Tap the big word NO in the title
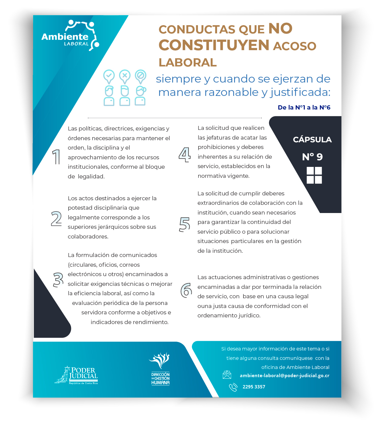[x=280, y=29]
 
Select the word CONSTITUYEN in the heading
[x=214, y=45]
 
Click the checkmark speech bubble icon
[x=109, y=76]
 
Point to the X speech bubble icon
[x=125, y=76]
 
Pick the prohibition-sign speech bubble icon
[x=141, y=76]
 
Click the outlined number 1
[x=56, y=157]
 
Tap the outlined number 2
[x=56, y=219]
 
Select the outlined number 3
[x=58, y=279]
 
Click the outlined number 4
[x=185, y=154]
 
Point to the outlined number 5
[x=185, y=225]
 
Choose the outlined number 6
[x=186, y=290]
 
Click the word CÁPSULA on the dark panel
[x=312, y=140]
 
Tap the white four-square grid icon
[x=314, y=175]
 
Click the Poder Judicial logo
[x=76, y=375]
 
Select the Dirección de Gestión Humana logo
[x=160, y=369]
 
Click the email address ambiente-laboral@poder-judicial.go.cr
[x=284, y=376]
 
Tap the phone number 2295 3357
[x=254, y=387]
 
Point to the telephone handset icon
[x=233, y=387]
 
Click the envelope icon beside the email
[x=227, y=375]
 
